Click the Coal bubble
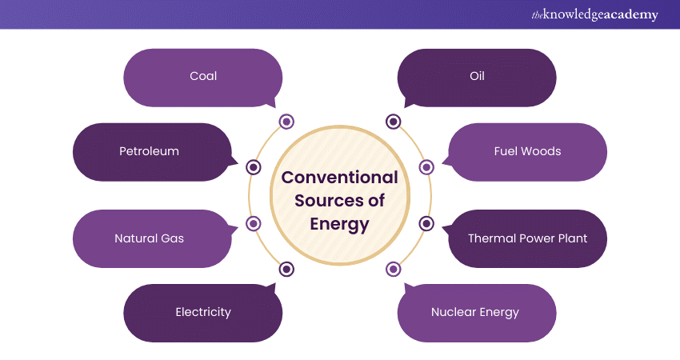(203, 77)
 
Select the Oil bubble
(477, 77)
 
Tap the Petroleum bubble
(150, 151)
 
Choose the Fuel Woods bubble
(527, 151)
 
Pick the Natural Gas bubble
(150, 238)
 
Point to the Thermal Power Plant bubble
(527, 238)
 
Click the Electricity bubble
(203, 312)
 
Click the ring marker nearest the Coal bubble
(286, 122)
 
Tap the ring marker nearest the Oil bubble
(393, 122)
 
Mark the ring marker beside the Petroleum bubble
(254, 167)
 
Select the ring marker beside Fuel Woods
(426, 167)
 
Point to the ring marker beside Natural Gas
(254, 224)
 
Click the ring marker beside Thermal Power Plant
(426, 224)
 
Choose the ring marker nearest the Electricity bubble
(286, 270)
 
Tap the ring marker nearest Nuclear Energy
(393, 270)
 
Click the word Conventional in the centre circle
(339, 177)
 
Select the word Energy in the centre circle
(339, 224)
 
